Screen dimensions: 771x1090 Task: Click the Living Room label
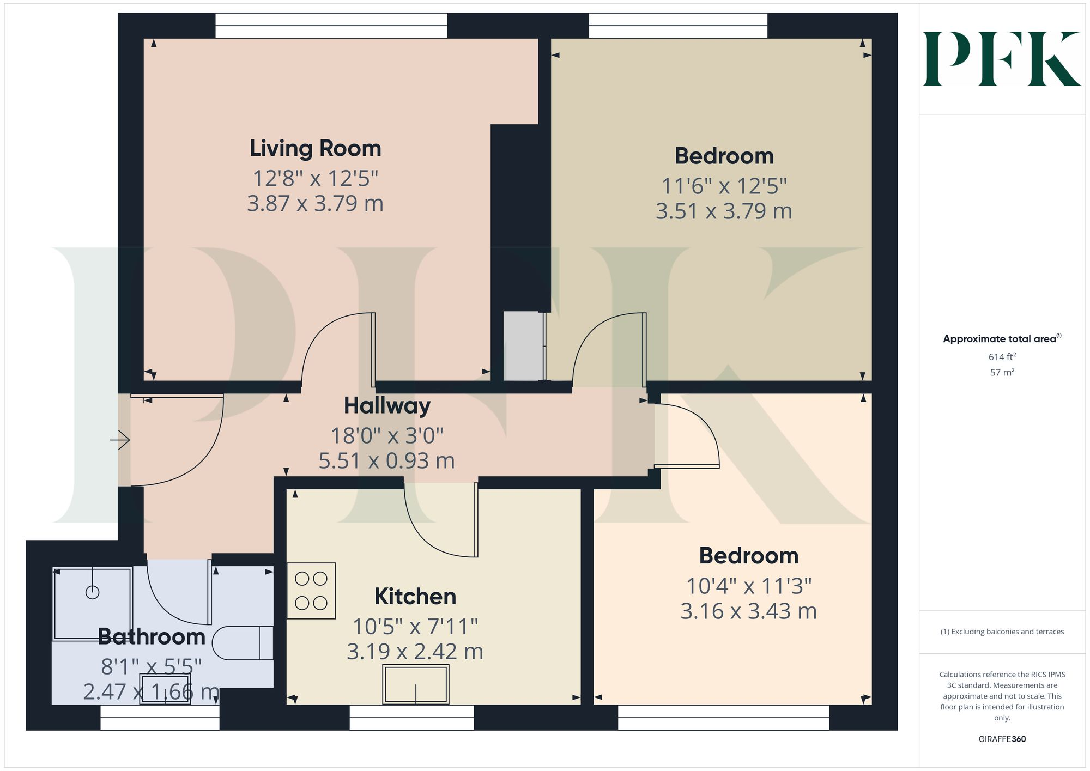[315, 148]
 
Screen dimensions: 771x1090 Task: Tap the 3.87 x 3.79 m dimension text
[315, 204]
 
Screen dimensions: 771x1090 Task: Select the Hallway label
[387, 406]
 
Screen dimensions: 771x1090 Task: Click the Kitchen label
[415, 597]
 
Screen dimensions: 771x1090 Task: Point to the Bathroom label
[152, 637]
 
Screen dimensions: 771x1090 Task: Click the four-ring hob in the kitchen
[311, 591]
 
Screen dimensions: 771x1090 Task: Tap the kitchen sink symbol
[416, 684]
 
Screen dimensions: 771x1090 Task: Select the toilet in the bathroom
[242, 643]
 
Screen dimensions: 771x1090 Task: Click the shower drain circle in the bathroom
[93, 592]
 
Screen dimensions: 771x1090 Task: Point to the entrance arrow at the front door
[120, 440]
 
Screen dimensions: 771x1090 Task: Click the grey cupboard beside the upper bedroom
[523, 346]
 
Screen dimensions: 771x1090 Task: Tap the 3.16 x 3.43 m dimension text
[748, 611]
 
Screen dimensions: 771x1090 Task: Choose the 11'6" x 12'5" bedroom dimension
[724, 186]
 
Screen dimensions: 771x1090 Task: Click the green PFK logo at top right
[1002, 59]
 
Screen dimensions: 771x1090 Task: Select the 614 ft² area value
[1002, 357]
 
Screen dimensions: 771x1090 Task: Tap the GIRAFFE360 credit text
[1002, 739]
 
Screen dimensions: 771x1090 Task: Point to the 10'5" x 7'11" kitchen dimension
[415, 627]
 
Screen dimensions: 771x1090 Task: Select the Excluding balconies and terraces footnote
[1002, 632]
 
